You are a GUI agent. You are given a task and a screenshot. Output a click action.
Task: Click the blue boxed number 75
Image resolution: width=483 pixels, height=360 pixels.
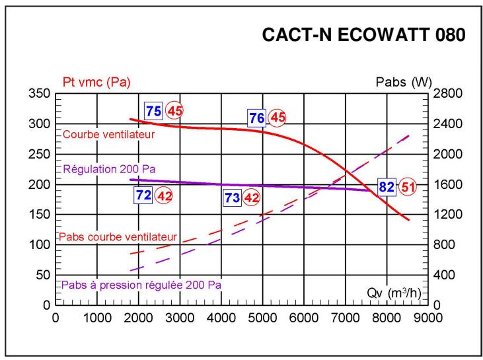(x=153, y=111)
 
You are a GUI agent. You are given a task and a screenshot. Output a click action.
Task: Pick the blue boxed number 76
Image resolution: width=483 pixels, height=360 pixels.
(x=257, y=118)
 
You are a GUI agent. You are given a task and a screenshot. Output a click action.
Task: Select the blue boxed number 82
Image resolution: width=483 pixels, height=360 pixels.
(x=386, y=187)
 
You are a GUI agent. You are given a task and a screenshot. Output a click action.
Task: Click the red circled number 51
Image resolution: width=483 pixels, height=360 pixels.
(x=408, y=187)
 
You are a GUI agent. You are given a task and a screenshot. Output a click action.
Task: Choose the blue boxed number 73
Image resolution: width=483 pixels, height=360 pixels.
(x=231, y=197)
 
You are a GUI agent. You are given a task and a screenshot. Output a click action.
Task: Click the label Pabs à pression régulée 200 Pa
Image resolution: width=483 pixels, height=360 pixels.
(x=141, y=285)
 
